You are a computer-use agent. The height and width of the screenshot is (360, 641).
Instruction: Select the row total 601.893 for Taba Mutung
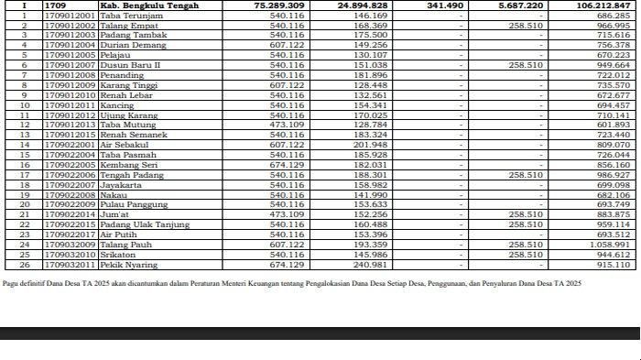coord(614,125)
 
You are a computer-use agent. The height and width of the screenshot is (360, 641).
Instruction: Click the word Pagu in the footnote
coord(10,285)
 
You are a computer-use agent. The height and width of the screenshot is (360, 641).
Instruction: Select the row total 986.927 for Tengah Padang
coord(614,175)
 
